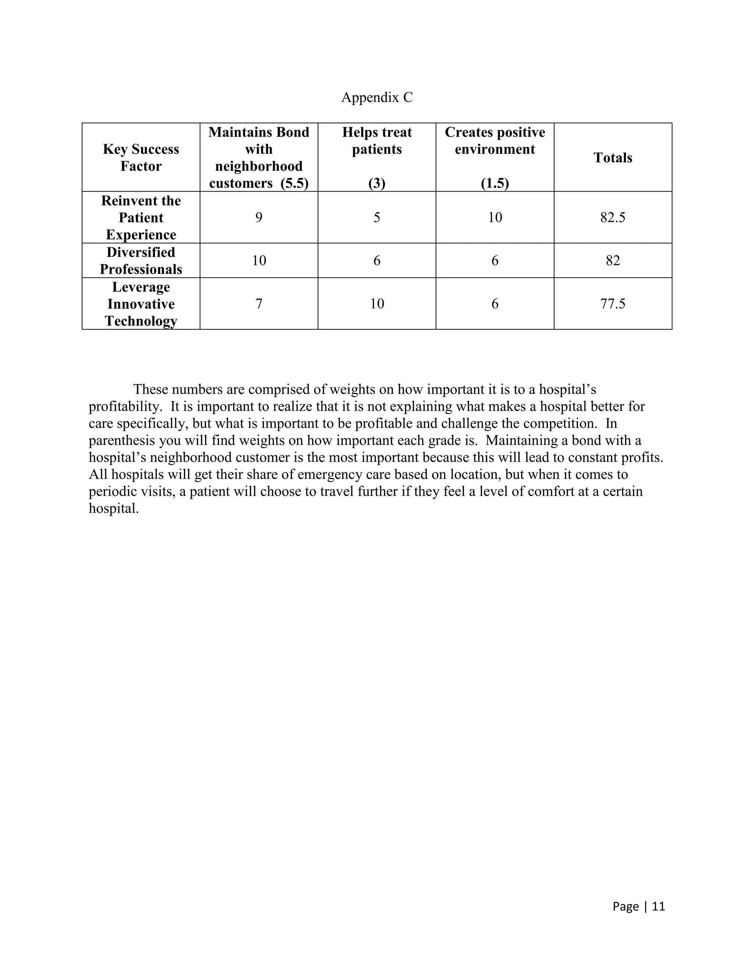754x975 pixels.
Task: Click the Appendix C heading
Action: click(377, 97)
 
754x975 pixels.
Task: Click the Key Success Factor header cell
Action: click(141, 157)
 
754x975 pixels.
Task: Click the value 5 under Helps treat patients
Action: click(377, 217)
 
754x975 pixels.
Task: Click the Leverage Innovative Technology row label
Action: click(141, 304)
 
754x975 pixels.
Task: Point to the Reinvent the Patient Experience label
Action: click(141, 217)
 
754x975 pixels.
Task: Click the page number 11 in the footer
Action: click(658, 906)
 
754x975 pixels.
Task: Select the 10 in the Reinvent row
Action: click(494, 217)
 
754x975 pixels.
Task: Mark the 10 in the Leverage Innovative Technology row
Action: click(377, 304)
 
